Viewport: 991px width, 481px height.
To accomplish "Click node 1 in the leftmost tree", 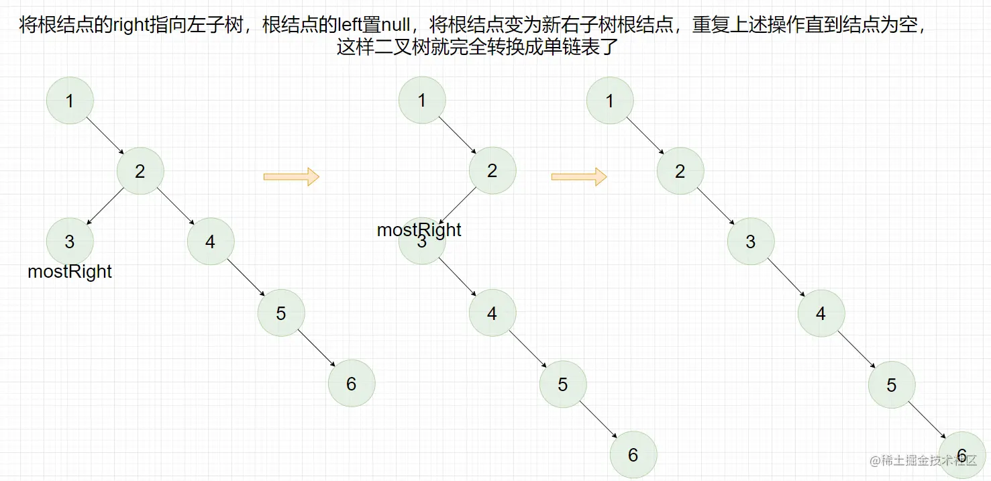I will tap(70, 101).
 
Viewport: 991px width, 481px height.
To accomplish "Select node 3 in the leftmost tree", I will tap(70, 242).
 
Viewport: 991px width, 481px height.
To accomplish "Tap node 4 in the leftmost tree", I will tap(211, 242).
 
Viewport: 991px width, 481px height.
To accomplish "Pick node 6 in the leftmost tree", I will tap(351, 383).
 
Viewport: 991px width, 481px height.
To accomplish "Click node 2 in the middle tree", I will tap(492, 171).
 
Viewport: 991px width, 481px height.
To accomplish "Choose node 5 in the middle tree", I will tap(562, 384).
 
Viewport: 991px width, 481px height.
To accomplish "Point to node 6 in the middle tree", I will tap(633, 455).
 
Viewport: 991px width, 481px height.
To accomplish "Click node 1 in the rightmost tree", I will tap(609, 101).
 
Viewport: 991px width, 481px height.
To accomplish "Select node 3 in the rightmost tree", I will tap(750, 242).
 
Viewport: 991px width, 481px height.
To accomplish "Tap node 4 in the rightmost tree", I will tap(821, 313).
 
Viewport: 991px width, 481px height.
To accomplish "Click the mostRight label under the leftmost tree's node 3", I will tap(70, 272).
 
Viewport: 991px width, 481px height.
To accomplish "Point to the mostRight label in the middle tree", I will tap(419, 230).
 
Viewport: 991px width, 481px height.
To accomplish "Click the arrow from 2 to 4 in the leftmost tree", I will tap(175, 206).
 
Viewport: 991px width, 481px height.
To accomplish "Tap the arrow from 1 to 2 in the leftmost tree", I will tap(105, 136).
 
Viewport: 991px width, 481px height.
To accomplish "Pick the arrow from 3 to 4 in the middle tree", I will tap(457, 277).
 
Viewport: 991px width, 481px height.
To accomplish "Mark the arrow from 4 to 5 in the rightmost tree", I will tap(855, 349).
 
